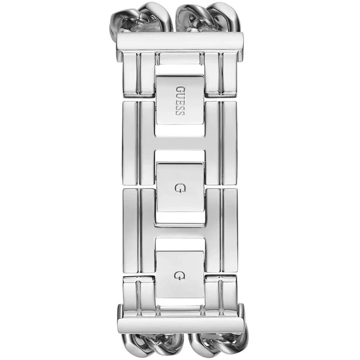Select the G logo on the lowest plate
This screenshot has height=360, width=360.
[x=179, y=276]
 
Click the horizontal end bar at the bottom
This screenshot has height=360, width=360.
[x=180, y=317]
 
